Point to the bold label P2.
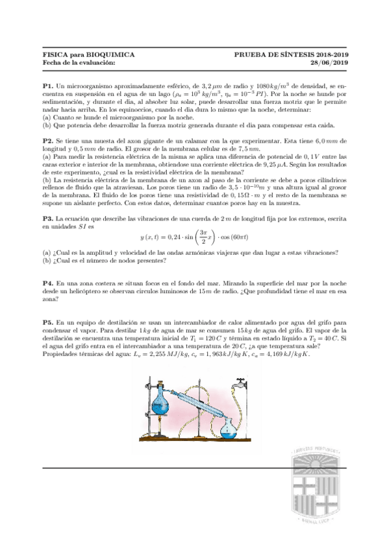[x=47, y=141]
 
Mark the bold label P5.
[x=47, y=322]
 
